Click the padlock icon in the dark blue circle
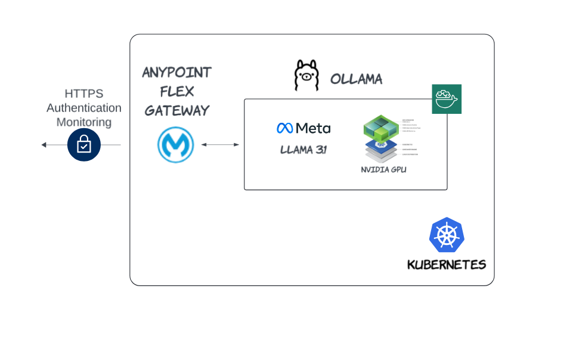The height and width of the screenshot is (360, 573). tap(83, 145)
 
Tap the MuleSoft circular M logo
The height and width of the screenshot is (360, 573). tap(175, 145)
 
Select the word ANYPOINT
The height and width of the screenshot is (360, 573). tap(176, 73)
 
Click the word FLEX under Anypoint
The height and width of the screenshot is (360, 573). tap(176, 92)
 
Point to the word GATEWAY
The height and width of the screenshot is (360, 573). tap(176, 110)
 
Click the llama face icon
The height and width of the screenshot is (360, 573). tap(307, 76)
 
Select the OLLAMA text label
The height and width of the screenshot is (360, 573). tap(356, 79)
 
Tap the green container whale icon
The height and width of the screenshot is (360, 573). tap(446, 99)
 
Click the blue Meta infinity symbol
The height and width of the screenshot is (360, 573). tap(284, 128)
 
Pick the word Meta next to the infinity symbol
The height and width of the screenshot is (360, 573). tap(313, 128)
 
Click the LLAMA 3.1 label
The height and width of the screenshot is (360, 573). tap(303, 150)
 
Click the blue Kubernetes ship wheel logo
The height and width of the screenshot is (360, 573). tap(447, 235)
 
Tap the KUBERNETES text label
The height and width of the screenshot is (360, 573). tap(446, 265)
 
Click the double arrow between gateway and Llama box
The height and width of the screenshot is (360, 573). tap(220, 145)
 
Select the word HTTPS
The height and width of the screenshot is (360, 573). tap(83, 94)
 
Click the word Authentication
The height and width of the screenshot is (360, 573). tap(83, 108)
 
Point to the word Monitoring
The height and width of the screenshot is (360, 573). tap(83, 122)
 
